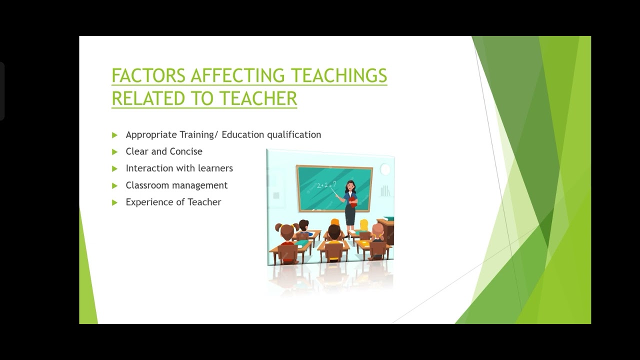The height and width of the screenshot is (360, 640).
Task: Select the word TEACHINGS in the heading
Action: [339, 75]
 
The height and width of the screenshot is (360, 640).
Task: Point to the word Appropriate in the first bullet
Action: [151, 134]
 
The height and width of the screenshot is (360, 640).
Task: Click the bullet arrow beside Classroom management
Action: [114, 185]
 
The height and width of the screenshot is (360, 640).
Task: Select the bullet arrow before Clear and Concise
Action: [114, 151]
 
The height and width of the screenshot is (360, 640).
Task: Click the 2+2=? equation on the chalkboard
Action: [326, 185]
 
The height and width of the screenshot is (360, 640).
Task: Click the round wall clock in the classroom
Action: [385, 169]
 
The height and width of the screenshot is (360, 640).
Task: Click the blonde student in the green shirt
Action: [364, 227]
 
